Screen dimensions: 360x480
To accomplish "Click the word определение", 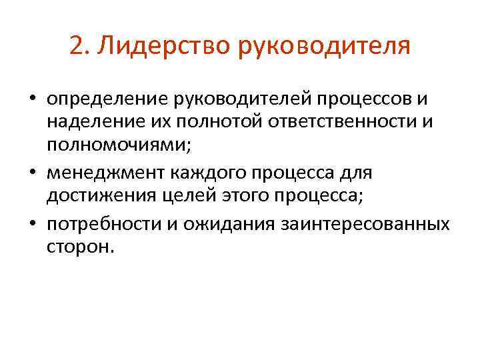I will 107,99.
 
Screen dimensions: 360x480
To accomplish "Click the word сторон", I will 81,247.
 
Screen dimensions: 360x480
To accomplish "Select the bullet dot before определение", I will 32,100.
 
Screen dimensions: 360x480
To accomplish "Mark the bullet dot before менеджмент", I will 32,174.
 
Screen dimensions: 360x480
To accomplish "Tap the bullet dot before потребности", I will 32,225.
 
